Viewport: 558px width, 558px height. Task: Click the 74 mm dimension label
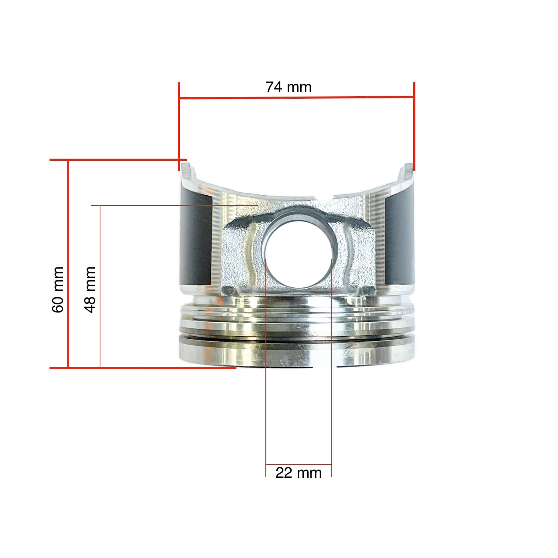click(288, 87)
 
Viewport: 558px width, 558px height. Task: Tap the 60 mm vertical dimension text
click(58, 289)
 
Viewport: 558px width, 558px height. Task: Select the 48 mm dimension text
click(90, 289)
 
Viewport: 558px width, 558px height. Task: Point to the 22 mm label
click(298, 473)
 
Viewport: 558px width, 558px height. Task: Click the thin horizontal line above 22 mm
click(299, 465)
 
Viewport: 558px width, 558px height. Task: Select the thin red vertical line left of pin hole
click(266, 384)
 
